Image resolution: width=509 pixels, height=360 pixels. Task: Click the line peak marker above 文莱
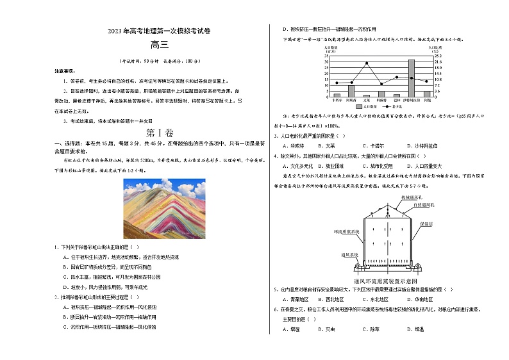click(367, 63)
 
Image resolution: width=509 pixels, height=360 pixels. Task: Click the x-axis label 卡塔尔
click(337, 100)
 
